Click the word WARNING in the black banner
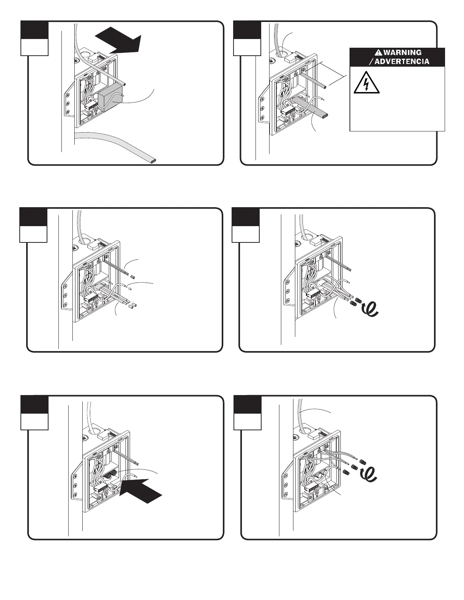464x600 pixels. click(x=402, y=52)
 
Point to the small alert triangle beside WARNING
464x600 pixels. click(x=378, y=52)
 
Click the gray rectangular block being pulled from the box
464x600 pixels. click(x=110, y=96)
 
